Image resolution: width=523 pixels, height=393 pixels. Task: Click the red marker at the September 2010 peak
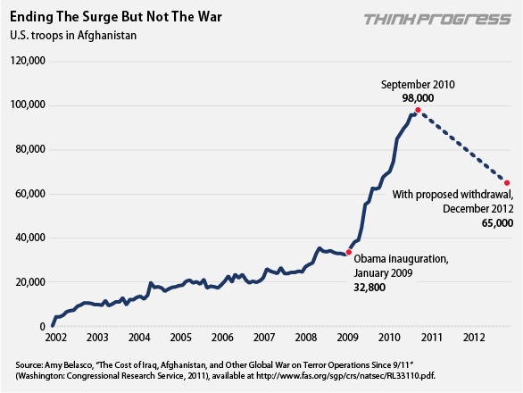coord(418,110)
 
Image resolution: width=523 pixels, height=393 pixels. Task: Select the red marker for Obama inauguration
coord(348,253)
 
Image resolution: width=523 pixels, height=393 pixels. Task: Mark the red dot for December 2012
coord(507,183)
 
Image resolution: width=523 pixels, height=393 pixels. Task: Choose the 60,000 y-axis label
coord(30,194)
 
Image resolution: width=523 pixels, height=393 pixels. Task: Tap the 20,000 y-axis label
coord(30,282)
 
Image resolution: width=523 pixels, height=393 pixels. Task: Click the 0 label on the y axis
coord(41,327)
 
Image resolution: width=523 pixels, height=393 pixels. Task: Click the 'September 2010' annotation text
coord(418,83)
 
